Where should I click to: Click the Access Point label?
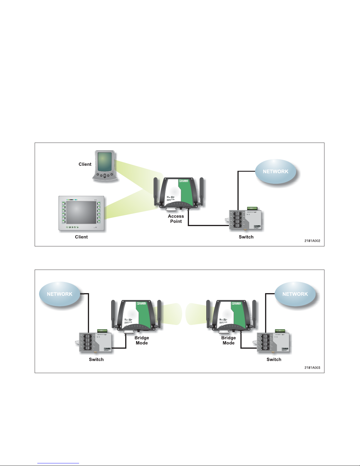coord(176,219)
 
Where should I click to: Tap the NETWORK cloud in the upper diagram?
coord(275,171)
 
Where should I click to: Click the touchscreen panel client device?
coord(81,213)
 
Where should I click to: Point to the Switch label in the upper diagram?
coord(246,237)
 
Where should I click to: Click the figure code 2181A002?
coord(312,241)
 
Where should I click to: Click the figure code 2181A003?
coord(312,368)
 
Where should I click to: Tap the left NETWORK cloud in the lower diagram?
coord(60,294)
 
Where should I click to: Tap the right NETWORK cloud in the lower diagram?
coord(295,294)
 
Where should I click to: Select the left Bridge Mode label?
coord(142,340)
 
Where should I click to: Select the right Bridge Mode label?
coord(228,340)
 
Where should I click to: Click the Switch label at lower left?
coord(96,360)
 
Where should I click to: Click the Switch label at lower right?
coord(274,360)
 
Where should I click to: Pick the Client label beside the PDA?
coord(85,164)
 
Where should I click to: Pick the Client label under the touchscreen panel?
coord(81,237)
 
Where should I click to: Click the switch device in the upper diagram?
coord(246,220)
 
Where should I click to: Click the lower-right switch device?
coord(274,342)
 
